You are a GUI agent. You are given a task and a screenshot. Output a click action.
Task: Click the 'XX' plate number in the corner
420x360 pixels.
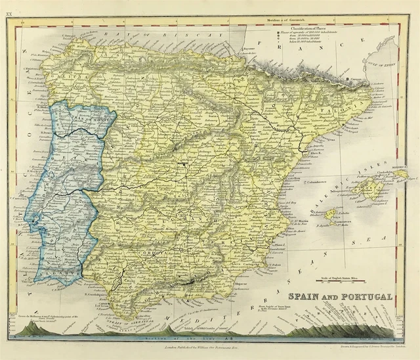9,5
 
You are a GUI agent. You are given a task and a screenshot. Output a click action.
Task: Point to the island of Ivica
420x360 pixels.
332,214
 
